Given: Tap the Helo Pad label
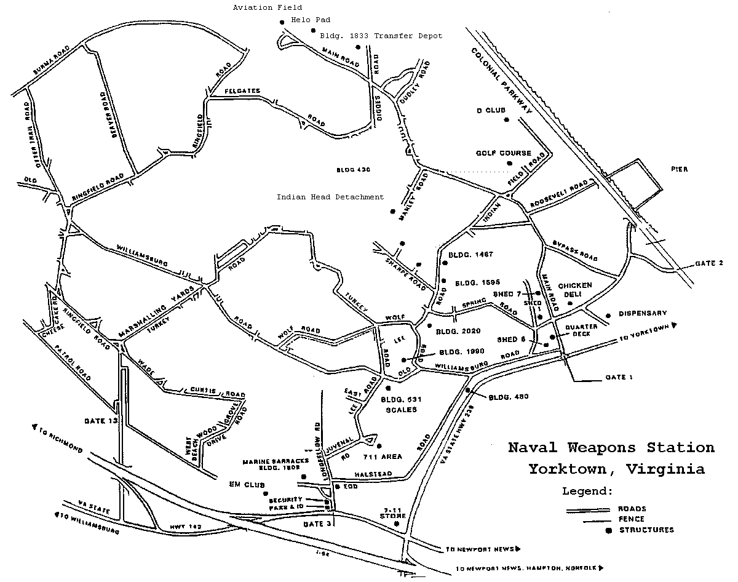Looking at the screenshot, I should [311, 20].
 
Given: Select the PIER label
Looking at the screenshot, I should [680, 168].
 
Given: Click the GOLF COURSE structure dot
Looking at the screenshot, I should [509, 163].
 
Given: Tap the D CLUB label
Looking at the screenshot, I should [490, 111].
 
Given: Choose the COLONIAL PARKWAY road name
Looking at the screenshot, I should [502, 79].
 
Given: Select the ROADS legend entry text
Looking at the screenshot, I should [633, 509].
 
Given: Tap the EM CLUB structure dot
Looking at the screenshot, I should [266, 493].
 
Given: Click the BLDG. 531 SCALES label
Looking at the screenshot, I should [399, 404].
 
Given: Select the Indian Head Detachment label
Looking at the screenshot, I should [330, 197].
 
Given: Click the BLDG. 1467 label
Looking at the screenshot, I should [471, 254].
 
